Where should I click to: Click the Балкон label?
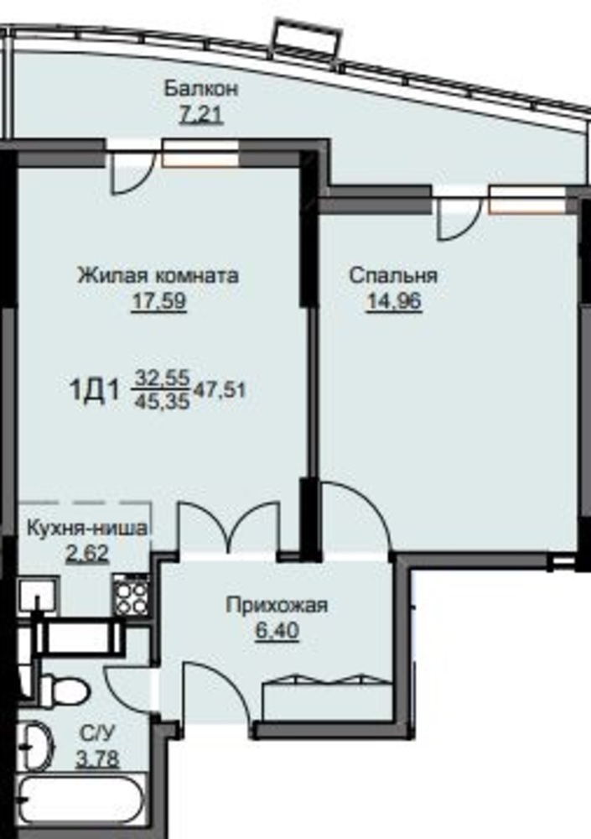click(200, 88)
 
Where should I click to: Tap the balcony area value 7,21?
click(201, 114)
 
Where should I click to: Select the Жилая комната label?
click(158, 275)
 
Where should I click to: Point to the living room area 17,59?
click(158, 300)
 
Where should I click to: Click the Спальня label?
click(393, 275)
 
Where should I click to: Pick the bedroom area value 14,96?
click(394, 301)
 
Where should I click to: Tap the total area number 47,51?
click(220, 390)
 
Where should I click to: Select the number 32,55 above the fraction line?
click(162, 378)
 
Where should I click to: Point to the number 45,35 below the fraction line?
click(162, 401)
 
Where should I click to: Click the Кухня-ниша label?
click(86, 529)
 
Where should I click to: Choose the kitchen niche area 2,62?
click(87, 553)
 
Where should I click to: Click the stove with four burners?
click(131, 596)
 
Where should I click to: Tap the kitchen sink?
click(39, 597)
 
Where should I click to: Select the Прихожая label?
click(277, 606)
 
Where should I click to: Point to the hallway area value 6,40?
click(277, 631)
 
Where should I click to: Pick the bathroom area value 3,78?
click(96, 758)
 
